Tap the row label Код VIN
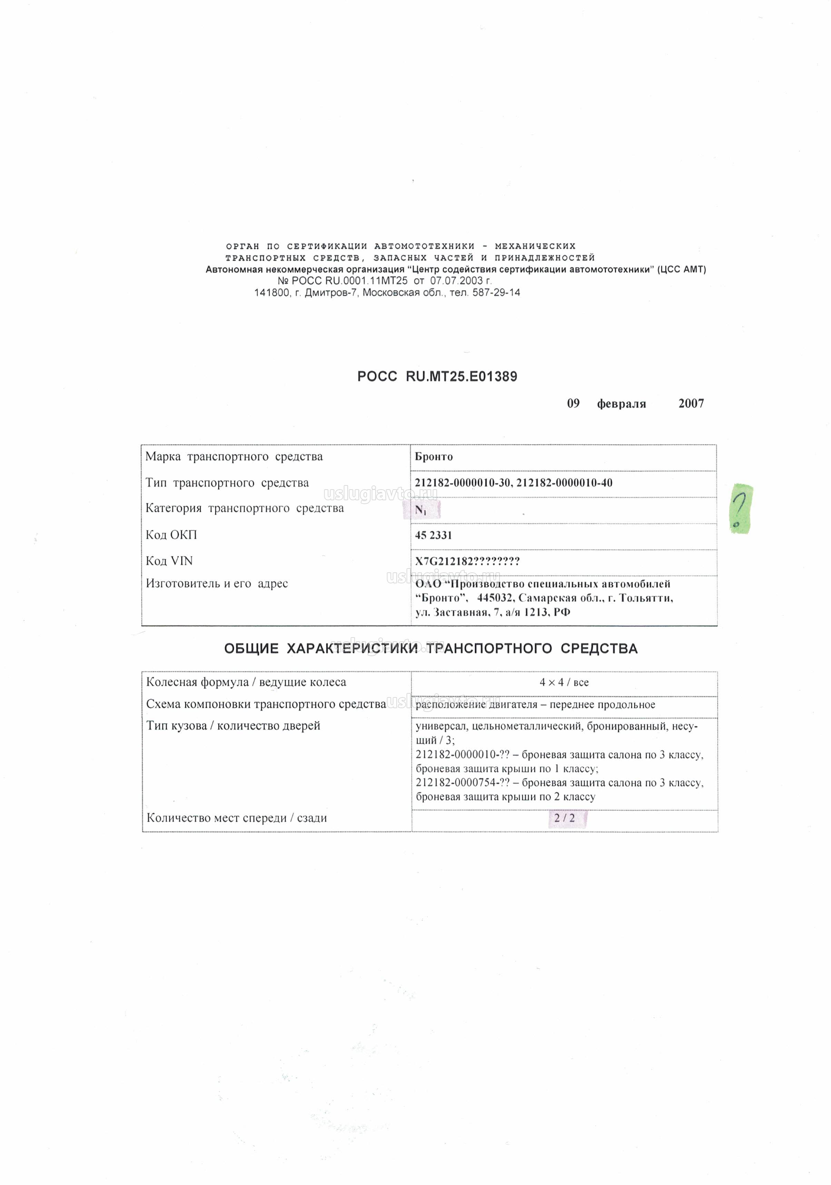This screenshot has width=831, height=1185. (169, 561)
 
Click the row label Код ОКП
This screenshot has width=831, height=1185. (171, 535)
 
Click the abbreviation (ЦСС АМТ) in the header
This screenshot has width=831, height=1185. (681, 269)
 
